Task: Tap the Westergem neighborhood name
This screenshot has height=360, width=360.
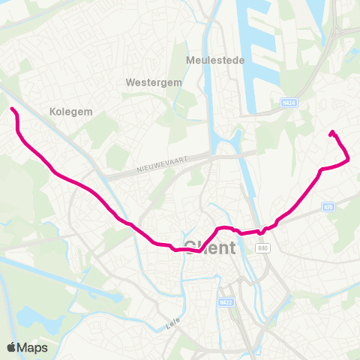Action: point(154,82)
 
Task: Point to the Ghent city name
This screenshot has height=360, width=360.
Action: point(210,247)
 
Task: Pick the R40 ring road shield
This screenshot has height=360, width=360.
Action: point(262,249)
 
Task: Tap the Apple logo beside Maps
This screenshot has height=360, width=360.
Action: point(12,347)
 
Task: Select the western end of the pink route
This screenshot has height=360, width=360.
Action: point(12,109)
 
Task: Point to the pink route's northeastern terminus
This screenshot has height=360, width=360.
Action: point(331,133)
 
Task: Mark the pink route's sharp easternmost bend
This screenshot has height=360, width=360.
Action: point(349,158)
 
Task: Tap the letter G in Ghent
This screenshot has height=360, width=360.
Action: point(190,247)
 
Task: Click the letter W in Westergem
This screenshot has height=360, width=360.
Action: point(130,82)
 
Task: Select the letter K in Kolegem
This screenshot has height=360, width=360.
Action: point(52,111)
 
